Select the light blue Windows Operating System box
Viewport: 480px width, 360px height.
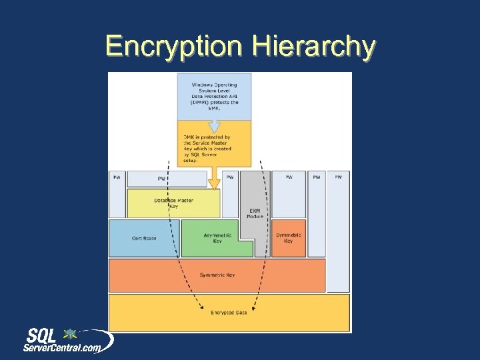215,97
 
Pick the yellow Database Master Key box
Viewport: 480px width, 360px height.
173,203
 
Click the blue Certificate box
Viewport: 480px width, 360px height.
143,238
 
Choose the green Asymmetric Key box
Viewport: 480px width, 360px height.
217,238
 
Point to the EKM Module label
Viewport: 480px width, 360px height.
255,213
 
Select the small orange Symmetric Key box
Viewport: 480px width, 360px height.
288,237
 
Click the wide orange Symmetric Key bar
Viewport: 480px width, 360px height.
217,275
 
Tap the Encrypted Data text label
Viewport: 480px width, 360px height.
228,312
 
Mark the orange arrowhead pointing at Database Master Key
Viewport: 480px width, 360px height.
214,183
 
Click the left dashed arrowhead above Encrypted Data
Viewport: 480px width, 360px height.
203,307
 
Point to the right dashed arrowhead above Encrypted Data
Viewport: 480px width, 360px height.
256,307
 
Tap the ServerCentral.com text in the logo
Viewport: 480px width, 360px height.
63,347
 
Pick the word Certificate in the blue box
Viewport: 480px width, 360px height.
144,238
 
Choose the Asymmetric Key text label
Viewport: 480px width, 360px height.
217,238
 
